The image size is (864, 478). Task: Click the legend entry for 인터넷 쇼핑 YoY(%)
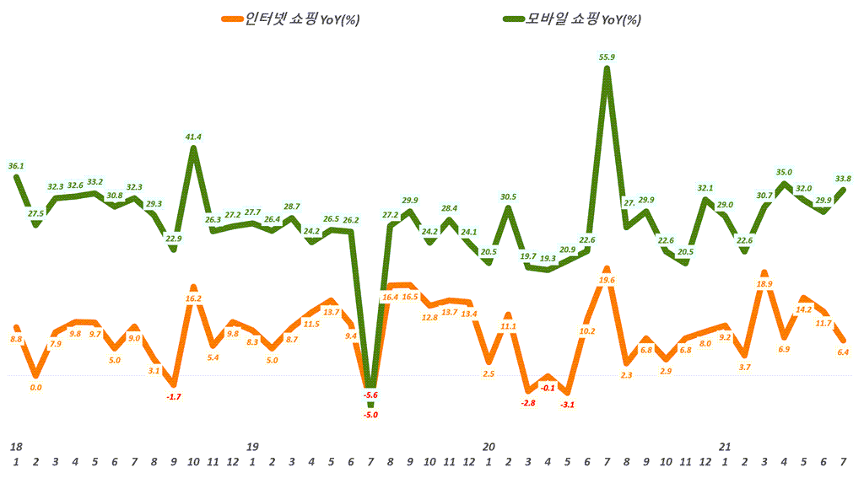point(289,19)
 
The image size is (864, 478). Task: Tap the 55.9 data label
point(607,56)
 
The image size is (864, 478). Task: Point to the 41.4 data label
point(193,136)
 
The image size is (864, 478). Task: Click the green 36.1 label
point(16,166)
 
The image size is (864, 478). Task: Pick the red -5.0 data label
point(370,414)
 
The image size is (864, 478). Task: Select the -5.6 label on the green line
point(370,395)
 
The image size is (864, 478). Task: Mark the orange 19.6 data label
point(607,280)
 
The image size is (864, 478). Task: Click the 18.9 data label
point(764,284)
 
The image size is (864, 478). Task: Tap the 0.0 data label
point(36,387)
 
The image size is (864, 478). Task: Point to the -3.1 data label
point(567,405)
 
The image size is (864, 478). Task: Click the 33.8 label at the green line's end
point(843,178)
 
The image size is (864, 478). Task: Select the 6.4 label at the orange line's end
point(843,352)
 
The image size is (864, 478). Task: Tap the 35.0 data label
point(784,171)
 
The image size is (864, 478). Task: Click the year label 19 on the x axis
point(251,446)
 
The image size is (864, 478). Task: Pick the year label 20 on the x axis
point(488,446)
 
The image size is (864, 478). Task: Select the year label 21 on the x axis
point(724,446)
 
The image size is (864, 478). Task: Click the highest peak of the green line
point(607,70)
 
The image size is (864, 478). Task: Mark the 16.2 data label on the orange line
point(193,298)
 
